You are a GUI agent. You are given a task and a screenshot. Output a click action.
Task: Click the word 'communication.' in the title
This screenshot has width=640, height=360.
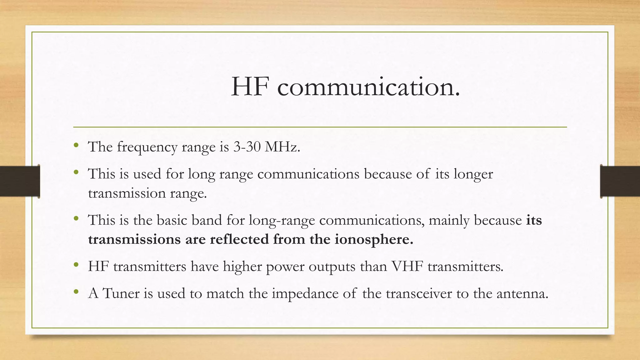(x=369, y=87)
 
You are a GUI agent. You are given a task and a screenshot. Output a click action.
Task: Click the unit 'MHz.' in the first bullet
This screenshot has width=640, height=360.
(x=282, y=147)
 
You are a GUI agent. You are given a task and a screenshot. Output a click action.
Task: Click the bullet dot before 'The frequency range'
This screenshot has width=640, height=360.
(x=76, y=145)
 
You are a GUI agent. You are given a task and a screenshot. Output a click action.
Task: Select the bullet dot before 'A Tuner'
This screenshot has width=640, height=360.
(x=76, y=292)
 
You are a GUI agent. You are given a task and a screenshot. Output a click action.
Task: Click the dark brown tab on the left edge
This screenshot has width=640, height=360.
(x=19, y=181)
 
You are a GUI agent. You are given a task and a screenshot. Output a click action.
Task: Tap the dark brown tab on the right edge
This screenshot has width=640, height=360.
(x=620, y=181)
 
